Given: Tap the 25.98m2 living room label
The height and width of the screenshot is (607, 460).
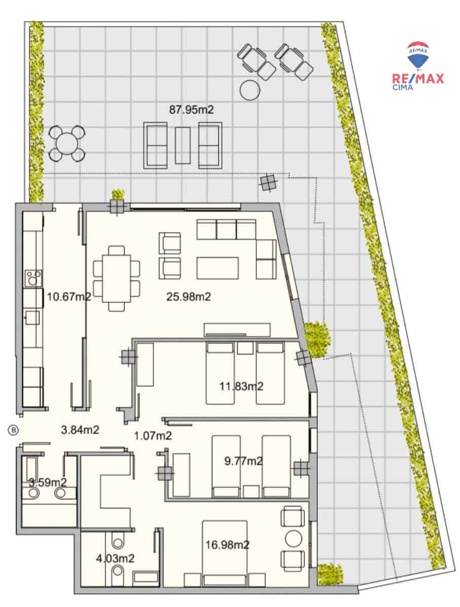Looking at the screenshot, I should [x=188, y=297].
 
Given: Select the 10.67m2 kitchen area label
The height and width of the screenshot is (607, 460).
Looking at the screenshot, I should [x=69, y=297].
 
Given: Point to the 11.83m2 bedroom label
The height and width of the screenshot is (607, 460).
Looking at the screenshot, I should [x=241, y=387].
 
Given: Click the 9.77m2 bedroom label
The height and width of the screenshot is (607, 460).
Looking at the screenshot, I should [x=243, y=461].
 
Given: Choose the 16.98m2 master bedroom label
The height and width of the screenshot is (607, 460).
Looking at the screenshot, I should [x=227, y=545].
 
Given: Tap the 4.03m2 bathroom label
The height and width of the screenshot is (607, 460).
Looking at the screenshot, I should [x=115, y=558].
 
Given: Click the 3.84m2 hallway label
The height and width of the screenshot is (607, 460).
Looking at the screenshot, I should [x=80, y=430].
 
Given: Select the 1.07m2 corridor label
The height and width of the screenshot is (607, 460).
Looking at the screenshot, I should [x=153, y=435].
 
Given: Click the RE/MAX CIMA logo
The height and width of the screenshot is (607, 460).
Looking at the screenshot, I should [x=418, y=66].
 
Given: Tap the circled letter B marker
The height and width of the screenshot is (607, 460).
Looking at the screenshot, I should [x=14, y=430].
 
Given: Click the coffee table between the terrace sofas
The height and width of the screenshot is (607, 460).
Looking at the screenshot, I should [x=183, y=145].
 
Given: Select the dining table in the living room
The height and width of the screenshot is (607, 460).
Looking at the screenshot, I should [x=117, y=278].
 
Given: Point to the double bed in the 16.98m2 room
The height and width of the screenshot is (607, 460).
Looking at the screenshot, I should [x=225, y=547].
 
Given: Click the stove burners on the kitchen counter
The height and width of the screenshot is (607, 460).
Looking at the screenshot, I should [x=34, y=279].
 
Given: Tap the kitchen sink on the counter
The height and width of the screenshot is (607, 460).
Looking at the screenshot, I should [x=33, y=317].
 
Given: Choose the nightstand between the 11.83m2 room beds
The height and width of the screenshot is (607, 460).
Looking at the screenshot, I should [x=245, y=348].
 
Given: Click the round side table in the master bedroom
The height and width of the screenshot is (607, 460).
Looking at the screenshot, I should [x=293, y=538].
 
